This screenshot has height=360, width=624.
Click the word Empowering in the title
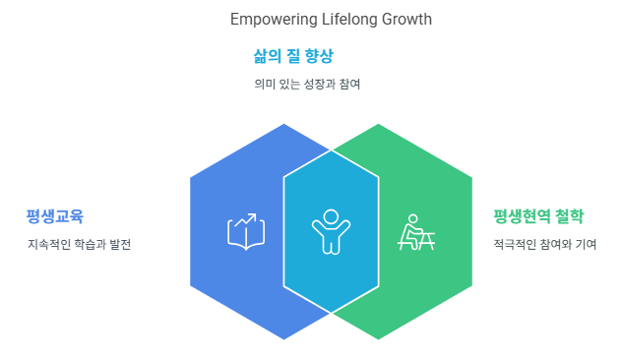(274, 20)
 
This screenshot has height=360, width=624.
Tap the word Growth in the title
(406, 19)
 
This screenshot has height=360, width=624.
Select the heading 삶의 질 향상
(293, 56)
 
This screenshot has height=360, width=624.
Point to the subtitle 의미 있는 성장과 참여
(307, 84)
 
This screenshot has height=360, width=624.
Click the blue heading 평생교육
(54, 216)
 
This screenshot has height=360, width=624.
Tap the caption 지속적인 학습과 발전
(79, 244)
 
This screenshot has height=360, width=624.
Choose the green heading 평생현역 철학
(538, 216)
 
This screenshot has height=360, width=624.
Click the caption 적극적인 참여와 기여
(545, 244)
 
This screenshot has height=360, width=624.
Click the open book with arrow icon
(246, 231)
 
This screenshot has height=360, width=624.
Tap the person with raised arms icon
(331, 231)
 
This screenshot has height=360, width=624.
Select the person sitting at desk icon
(416, 232)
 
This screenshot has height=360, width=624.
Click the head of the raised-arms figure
(331, 217)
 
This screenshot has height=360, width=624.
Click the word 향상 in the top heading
(319, 56)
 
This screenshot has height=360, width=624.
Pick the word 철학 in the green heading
(570, 216)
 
